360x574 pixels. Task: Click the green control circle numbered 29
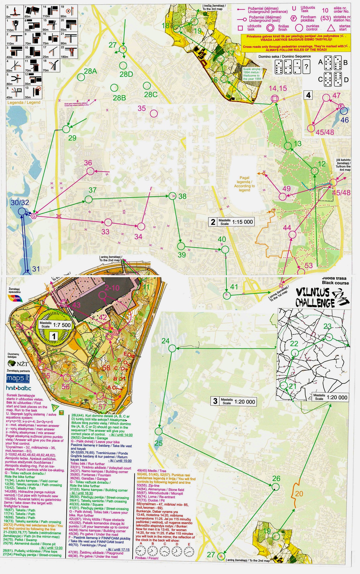[x=66, y=129]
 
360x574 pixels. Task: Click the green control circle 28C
[x=146, y=85]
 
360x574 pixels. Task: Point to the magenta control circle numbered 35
[x=154, y=114]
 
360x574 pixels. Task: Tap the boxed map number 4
[x=308, y=95]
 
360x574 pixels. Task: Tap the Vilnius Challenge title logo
[x=322, y=297]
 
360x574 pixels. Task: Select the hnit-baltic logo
[x=18, y=388]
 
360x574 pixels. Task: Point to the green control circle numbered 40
[x=225, y=249]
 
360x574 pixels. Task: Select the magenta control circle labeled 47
[x=326, y=98]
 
